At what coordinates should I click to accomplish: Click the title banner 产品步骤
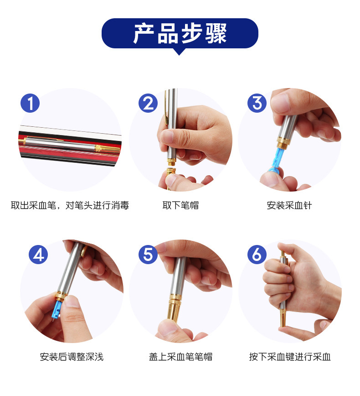click(x=180, y=33)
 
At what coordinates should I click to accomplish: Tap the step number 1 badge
click(x=30, y=103)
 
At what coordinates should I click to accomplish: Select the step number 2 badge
click(x=148, y=103)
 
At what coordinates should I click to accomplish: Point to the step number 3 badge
click(x=257, y=103)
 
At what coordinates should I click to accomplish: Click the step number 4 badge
click(x=38, y=255)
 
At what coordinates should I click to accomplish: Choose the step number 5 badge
click(x=148, y=255)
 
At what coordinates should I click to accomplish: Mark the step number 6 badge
click(x=257, y=255)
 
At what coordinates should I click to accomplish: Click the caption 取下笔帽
click(x=180, y=205)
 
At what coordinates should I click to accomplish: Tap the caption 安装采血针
click(x=289, y=205)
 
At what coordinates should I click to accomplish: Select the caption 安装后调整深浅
click(x=72, y=357)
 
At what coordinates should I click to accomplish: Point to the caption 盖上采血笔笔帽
click(x=180, y=357)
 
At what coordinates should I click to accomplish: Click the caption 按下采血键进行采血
click(x=290, y=357)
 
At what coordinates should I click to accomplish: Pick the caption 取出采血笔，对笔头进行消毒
click(x=70, y=205)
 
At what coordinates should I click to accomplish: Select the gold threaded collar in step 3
click(x=283, y=142)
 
